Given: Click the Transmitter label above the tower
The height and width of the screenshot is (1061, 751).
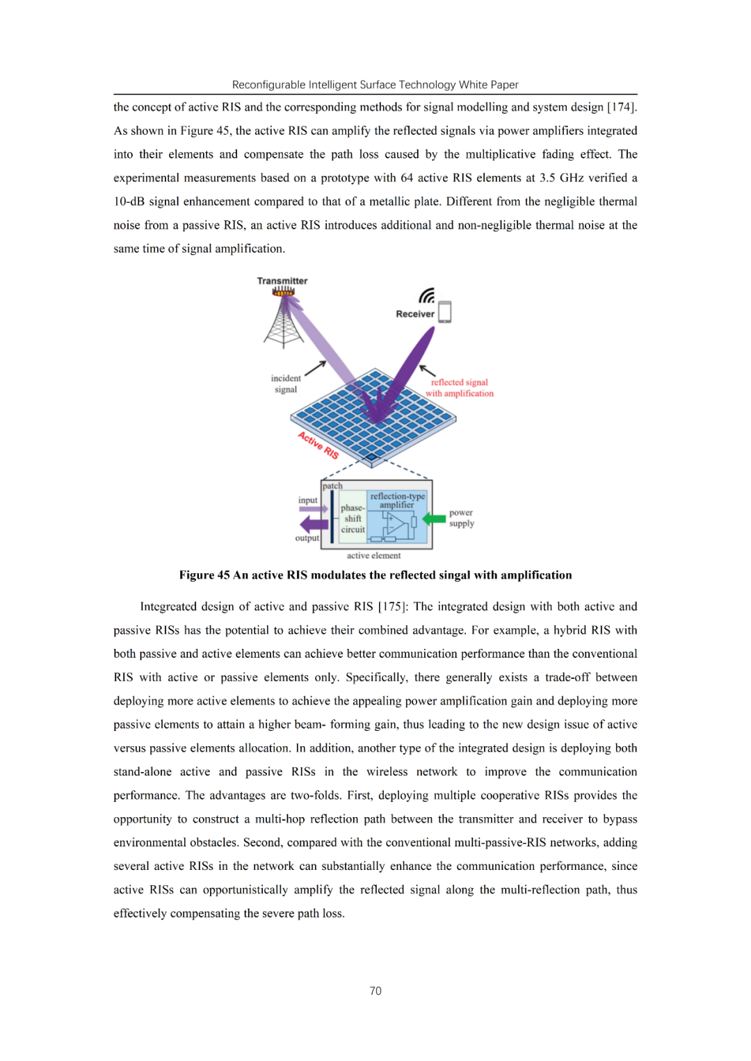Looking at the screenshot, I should pos(282,281).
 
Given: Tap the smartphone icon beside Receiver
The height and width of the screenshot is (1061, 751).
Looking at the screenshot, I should pos(445,312).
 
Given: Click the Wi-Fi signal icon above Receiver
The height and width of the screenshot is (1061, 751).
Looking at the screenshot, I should pos(427,296).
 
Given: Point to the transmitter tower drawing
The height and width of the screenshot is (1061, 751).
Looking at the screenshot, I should pos(284,321).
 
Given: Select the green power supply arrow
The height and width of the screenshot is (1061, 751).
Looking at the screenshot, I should pos(435,518).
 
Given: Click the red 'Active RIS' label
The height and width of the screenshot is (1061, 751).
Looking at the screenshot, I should pos(318,445).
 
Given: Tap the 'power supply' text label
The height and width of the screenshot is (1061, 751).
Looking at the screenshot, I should pos(461,518).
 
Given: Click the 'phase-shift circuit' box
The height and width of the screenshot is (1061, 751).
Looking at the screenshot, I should pos(353,518).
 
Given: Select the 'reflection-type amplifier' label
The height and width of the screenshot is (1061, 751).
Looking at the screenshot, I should pos(397,500).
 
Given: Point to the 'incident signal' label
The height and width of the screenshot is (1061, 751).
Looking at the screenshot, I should pos(286,384).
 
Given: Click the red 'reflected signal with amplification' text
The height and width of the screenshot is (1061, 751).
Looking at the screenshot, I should pos(459,388).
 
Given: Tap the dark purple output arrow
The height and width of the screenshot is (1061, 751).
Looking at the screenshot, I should pos(314,524).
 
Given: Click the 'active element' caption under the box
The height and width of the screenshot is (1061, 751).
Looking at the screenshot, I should pos(373,555).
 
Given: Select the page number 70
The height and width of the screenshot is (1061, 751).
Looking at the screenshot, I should pos(375,991).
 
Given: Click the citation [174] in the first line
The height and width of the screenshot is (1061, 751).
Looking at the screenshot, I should pos(622,107).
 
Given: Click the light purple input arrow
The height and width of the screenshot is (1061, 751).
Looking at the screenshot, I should pos(314,509).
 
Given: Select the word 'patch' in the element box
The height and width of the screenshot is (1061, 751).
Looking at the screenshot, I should pos(332,486).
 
